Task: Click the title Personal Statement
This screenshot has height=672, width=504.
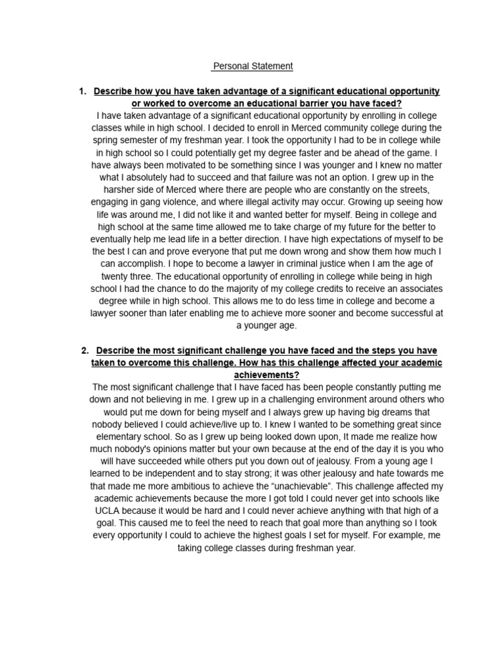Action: coord(253,66)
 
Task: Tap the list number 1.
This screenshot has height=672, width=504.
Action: coord(82,91)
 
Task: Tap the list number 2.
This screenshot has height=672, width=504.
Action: coord(85,350)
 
